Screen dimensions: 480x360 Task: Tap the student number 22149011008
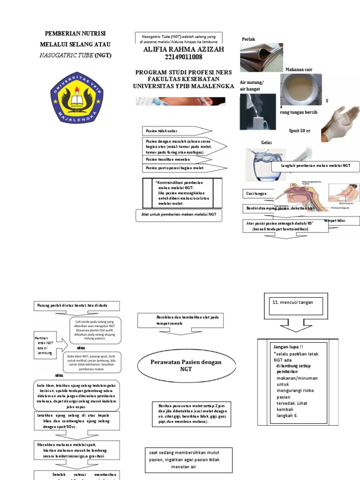pyautogui.click(x=180, y=58)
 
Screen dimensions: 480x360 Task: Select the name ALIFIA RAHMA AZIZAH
pyautogui.click(x=180, y=49)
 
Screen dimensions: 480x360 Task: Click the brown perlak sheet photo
pyautogui.click(x=262, y=56)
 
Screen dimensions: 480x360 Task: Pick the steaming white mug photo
pyautogui.click(x=257, y=112)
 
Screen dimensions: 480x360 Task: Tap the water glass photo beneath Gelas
pyautogui.click(x=260, y=166)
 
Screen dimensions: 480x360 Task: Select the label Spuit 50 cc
pyautogui.click(x=300, y=131)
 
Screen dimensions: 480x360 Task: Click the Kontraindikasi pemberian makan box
pyautogui.click(x=178, y=193)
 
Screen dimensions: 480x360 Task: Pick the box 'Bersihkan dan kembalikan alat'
pyautogui.click(x=180, y=321)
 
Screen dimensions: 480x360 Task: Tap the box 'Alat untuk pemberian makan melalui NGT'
pyautogui.click(x=179, y=215)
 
